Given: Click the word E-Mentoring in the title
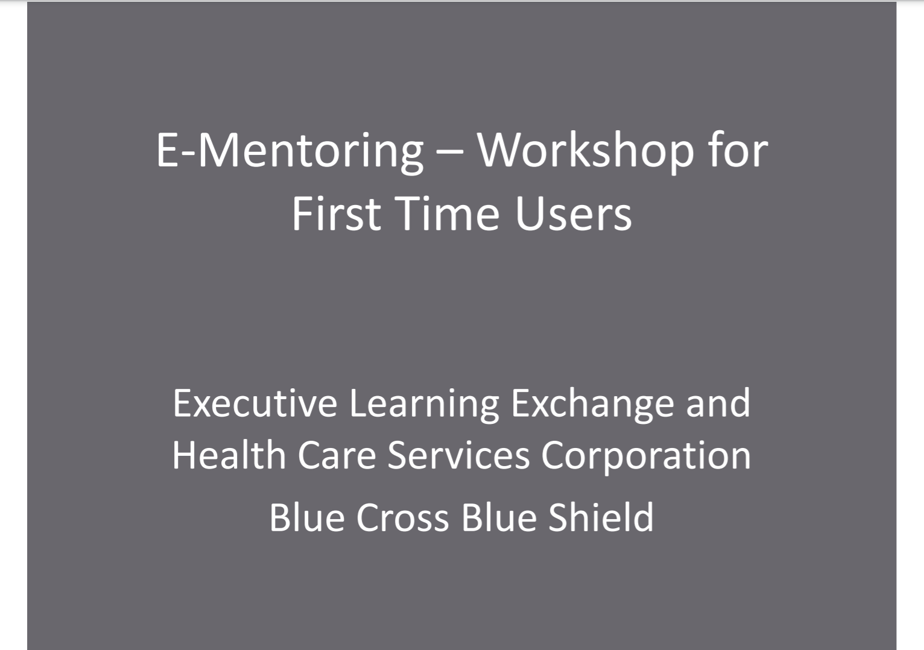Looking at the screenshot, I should click(x=290, y=151).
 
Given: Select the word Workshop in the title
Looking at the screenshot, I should click(x=586, y=151).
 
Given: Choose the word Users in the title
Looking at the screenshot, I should click(x=574, y=214).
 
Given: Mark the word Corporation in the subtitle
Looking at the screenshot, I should click(x=646, y=456).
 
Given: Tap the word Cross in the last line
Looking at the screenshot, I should click(x=402, y=517).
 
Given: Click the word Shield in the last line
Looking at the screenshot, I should click(x=601, y=517).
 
